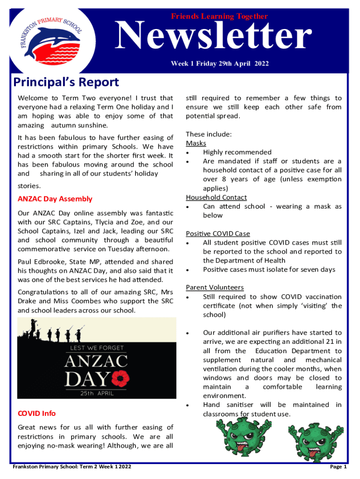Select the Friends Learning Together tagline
click(x=219, y=16)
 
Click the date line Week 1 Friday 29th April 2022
click(x=219, y=64)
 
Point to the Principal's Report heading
click(x=66, y=83)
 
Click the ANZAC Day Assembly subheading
click(x=55, y=199)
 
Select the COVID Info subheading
click(x=36, y=413)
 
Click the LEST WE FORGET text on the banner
click(x=97, y=348)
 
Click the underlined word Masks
click(x=196, y=143)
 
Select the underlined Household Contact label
click(x=216, y=197)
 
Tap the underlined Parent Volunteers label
click(x=215, y=287)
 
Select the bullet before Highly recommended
click(x=187, y=152)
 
